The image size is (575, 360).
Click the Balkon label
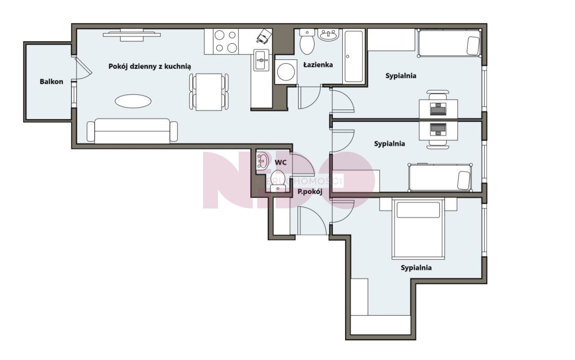(51, 82)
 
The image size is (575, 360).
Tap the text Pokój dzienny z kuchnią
(150, 66)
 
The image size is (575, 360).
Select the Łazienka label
(318, 65)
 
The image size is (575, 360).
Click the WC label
(281, 162)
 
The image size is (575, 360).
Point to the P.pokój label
(310, 192)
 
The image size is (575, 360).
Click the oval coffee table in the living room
(133, 101)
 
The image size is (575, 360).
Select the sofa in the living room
(132, 131)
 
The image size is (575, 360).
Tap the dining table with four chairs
(209, 92)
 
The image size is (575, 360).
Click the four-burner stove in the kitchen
(226, 42)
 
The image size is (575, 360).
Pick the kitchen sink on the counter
(261, 60)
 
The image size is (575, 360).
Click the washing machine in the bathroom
(286, 72)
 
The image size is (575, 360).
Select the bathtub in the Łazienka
(354, 57)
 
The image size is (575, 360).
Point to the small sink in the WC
(262, 161)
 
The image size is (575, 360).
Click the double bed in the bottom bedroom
(418, 228)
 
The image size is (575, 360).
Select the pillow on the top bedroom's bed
(473, 46)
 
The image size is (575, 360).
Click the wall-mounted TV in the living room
(132, 35)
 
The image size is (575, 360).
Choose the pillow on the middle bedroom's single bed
(464, 180)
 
